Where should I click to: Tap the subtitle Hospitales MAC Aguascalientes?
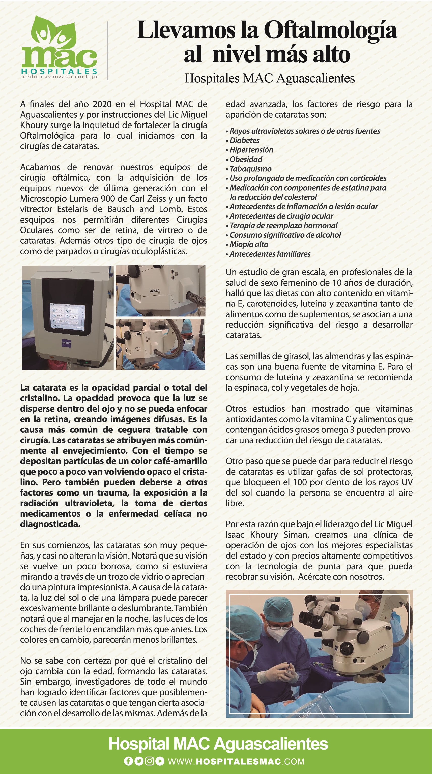point(269,78)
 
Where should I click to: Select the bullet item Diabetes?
point(244,140)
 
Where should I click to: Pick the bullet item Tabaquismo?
point(250,169)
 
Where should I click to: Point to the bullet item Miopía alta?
point(249,244)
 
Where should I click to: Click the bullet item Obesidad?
point(246,159)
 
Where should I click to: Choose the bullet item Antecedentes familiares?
point(270,254)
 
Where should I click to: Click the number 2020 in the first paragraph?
point(102,104)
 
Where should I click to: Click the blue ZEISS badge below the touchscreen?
point(66,343)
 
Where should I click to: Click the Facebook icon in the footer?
point(128,761)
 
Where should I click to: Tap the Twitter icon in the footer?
point(139,761)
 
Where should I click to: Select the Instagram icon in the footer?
point(149,761)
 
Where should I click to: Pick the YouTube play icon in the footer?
point(160,761)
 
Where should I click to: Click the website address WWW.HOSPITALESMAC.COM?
point(236,761)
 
